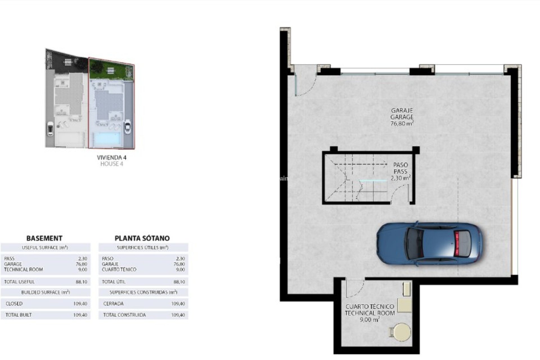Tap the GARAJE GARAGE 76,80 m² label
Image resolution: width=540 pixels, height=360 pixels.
[402, 117]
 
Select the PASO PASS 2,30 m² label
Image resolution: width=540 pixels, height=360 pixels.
[400, 171]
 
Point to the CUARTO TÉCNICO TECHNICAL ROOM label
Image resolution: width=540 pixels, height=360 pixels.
[370, 310]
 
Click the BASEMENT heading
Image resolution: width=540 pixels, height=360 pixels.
[44, 238]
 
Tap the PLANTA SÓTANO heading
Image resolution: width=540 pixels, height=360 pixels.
[142, 238]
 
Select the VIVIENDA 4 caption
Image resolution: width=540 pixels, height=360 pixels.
[111, 157]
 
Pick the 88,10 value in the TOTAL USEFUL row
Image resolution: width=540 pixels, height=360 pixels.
[81, 282]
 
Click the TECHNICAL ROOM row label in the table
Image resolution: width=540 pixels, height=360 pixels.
[24, 269]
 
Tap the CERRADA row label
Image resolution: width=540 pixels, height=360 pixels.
[113, 304]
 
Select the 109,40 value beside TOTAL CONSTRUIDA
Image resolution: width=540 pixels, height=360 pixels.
[178, 315]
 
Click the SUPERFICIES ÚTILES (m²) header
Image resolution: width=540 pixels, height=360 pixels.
[143, 247]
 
